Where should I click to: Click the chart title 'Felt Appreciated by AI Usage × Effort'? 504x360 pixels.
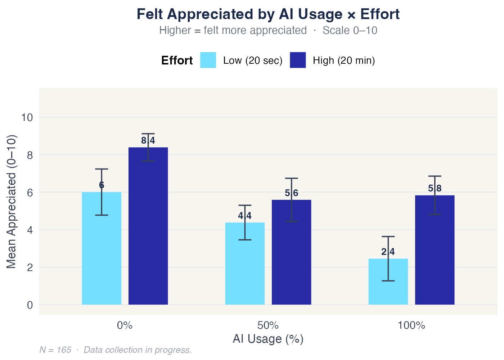click(268, 14)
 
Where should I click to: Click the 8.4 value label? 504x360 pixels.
click(148, 141)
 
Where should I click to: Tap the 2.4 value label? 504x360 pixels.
click(388, 252)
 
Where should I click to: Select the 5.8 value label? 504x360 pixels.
click(435, 189)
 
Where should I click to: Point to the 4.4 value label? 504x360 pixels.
click(245, 216)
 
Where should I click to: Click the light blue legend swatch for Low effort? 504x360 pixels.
click(208, 60)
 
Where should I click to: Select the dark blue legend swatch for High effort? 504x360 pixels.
click(298, 60)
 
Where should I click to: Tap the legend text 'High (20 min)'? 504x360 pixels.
click(344, 60)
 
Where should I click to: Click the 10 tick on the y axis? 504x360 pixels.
click(27, 117)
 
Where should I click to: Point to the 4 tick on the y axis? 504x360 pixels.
click(30, 230)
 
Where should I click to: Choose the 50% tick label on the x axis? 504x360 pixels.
click(268, 326)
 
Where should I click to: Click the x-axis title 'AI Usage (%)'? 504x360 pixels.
click(268, 339)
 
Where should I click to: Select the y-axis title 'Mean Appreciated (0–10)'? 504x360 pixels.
click(12, 202)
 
